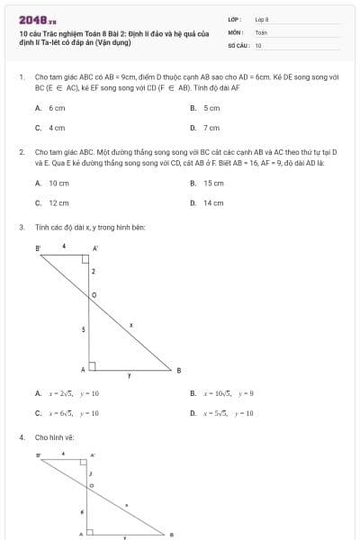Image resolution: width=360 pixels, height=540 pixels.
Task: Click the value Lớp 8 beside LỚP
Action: point(262,19)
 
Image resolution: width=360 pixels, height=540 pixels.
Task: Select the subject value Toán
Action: point(261,31)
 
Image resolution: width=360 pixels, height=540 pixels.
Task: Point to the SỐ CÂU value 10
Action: point(258,44)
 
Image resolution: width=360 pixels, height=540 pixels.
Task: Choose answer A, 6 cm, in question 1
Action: point(56,107)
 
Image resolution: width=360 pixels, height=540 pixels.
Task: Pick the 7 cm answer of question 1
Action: point(211,128)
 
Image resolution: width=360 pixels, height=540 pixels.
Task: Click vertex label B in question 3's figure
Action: point(178,370)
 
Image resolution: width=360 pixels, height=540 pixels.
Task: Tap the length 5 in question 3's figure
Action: point(84,330)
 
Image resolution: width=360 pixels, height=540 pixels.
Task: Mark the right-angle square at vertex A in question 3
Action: point(92,366)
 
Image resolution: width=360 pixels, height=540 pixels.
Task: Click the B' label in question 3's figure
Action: point(38,247)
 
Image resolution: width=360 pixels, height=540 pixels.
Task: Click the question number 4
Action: point(22,437)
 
